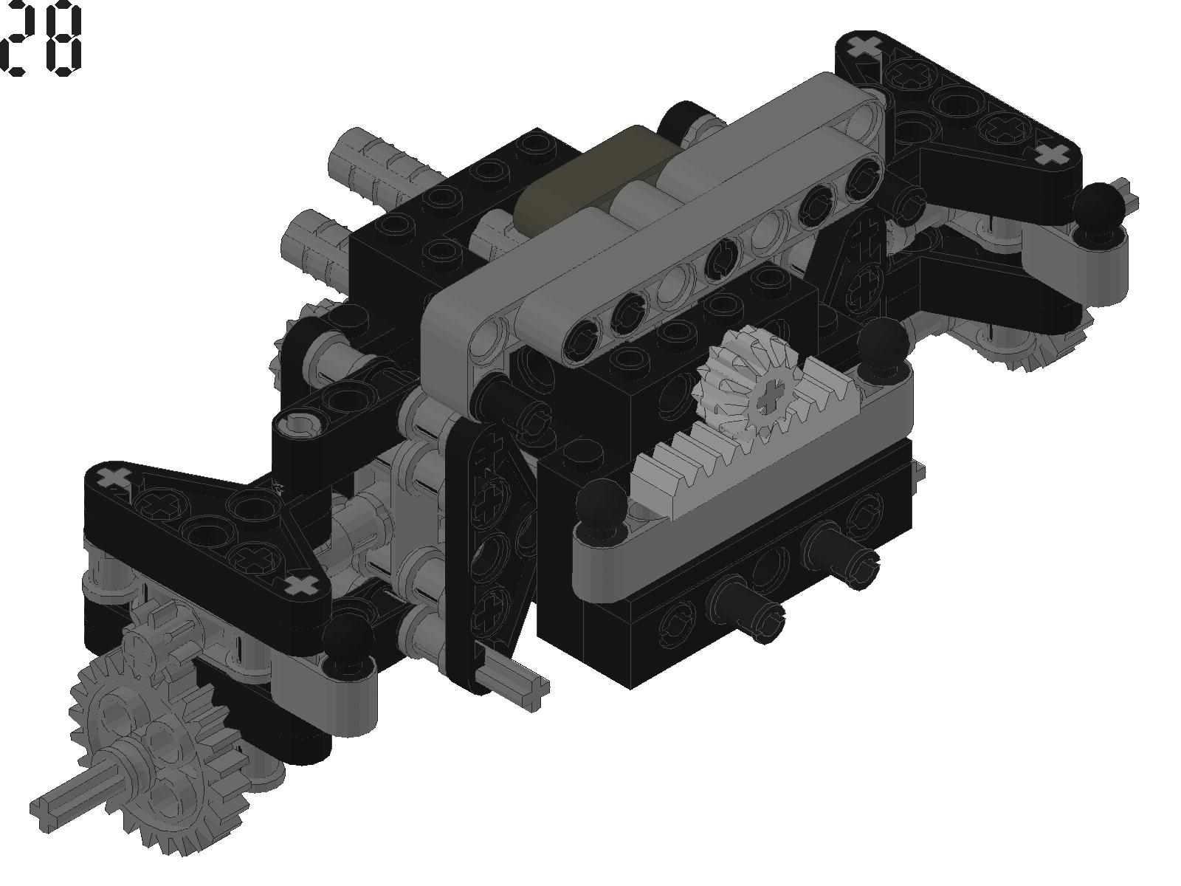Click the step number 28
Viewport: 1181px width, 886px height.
pos(41,38)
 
